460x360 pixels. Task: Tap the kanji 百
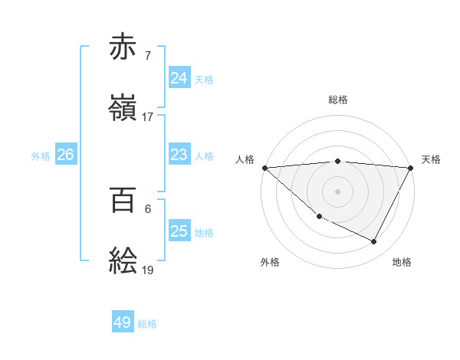pos(123,200)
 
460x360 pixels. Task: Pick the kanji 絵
pos(123,260)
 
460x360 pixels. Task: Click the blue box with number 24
pos(179,78)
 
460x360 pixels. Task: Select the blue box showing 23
pos(179,155)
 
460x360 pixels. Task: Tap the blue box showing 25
pos(179,231)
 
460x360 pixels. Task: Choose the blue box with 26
pos(65,155)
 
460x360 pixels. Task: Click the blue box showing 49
pos(123,322)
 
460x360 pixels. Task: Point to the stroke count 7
pos(147,55)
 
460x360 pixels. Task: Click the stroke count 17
pos(148,116)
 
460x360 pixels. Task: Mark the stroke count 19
pos(148,270)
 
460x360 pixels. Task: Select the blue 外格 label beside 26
pos(41,155)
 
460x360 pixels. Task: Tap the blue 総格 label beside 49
pos(147,324)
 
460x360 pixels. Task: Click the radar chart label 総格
pos(338,100)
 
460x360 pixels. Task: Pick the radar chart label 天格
pos(431,159)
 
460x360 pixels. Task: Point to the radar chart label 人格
pos(245,159)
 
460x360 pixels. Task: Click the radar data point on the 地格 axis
pos(374,242)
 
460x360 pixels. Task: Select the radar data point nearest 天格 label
pos(411,168)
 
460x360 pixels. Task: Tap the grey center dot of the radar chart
pos(338,191)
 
